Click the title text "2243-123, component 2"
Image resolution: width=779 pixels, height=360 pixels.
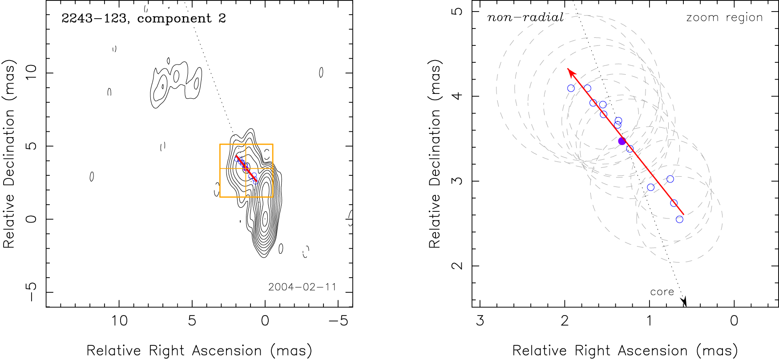coord(144,19)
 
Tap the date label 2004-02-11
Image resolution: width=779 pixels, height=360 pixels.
coord(302,287)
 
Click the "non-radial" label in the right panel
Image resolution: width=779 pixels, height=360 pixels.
coord(525,18)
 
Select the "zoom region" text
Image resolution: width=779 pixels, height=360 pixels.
coord(724,18)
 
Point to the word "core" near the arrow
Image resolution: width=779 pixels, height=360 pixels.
coord(662,292)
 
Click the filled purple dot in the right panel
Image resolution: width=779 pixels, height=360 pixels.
coord(622,141)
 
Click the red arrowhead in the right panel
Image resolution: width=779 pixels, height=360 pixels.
coord(569,71)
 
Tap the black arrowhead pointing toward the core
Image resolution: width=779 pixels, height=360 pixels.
coord(685,302)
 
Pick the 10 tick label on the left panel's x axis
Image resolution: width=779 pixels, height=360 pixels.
coord(119,321)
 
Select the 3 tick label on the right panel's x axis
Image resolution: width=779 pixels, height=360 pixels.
coord(480,321)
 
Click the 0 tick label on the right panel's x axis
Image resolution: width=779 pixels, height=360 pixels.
coord(734,321)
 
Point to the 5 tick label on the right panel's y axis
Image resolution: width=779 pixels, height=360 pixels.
coord(457,11)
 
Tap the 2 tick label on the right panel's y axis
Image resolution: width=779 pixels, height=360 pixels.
coord(457,266)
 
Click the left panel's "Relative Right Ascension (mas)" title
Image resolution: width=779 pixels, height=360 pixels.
coord(199,351)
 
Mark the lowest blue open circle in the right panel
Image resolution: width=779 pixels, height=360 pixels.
coord(679,219)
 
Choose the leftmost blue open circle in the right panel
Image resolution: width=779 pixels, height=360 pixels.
coord(571,88)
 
